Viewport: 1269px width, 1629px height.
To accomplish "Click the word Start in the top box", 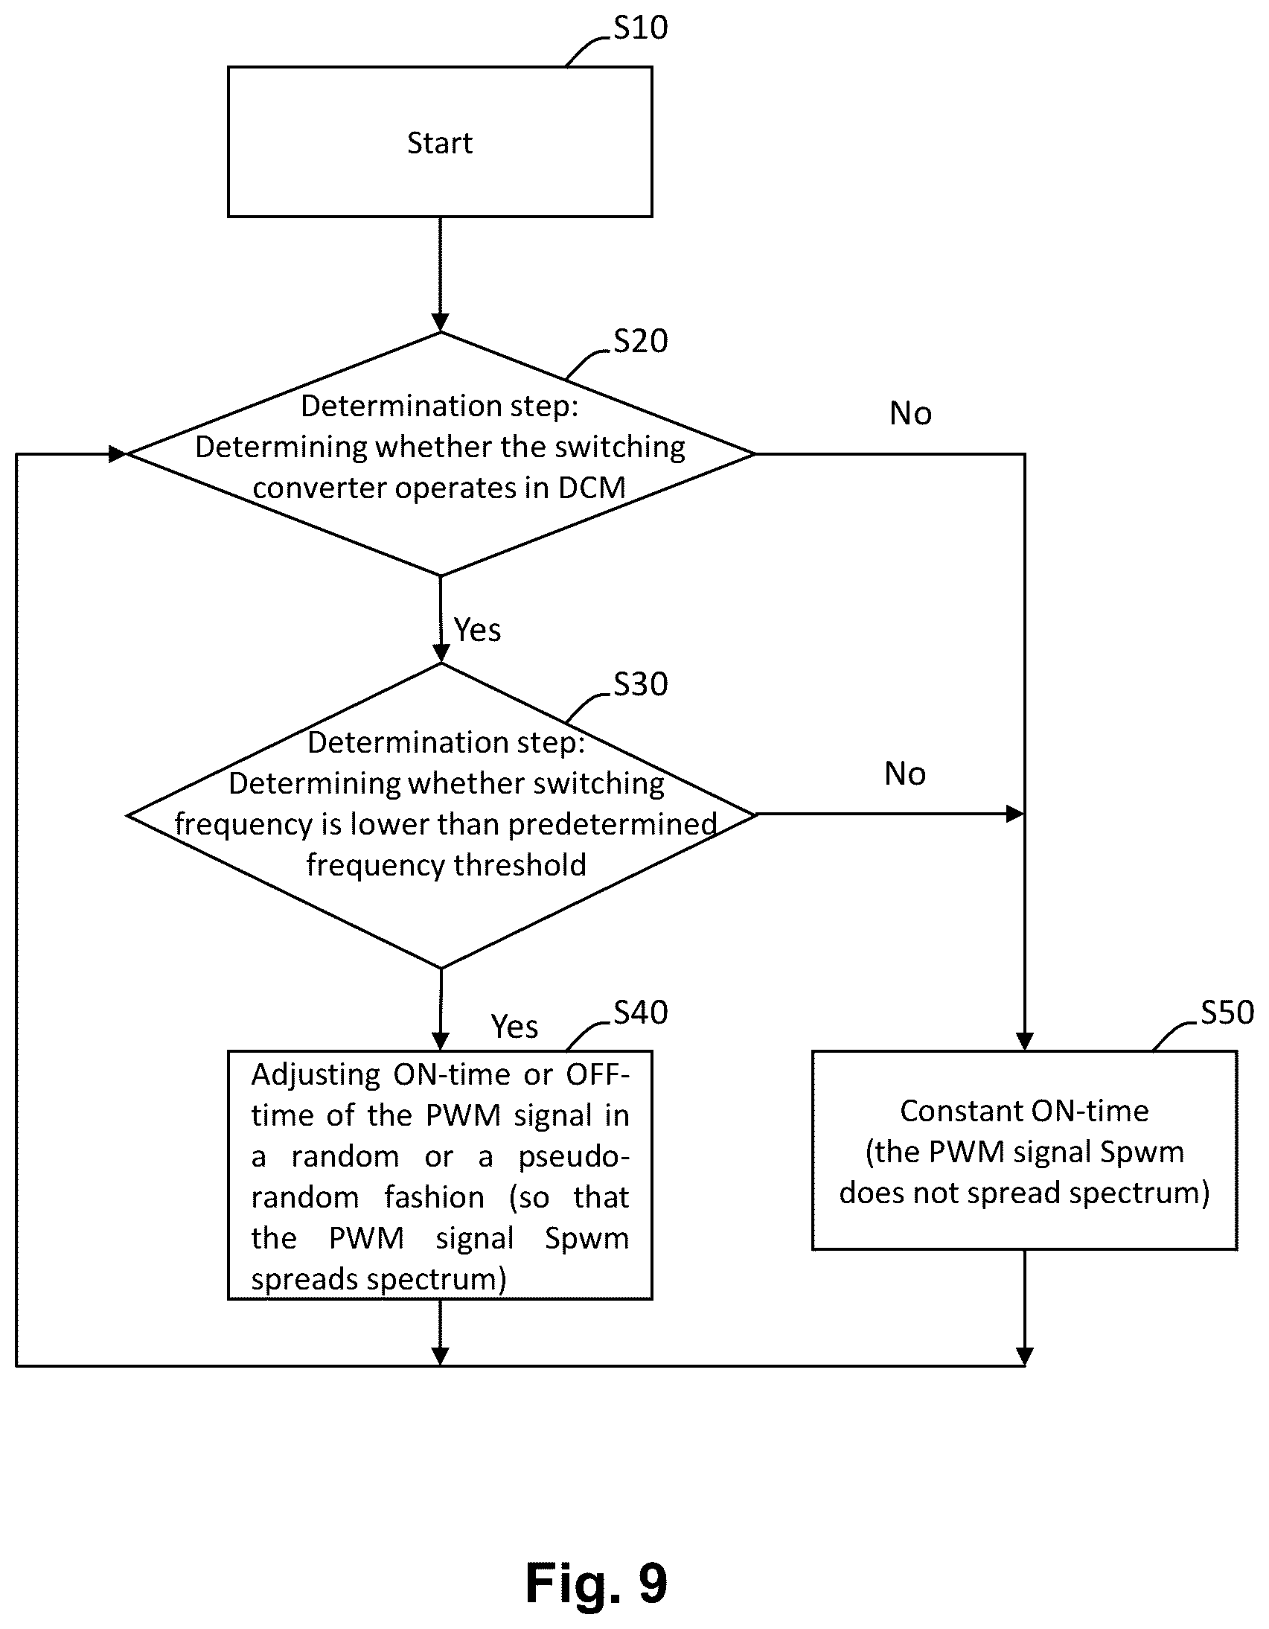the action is [x=440, y=142].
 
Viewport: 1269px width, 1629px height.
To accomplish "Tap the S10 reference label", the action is [x=641, y=28].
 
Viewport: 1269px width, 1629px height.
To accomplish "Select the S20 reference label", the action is [x=641, y=341].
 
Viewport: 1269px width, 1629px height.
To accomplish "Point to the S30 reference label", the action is [x=641, y=684].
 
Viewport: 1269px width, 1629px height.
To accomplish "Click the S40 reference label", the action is [x=641, y=1012].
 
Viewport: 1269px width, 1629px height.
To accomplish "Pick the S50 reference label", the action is [x=1227, y=1012].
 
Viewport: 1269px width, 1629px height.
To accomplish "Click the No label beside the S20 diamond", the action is [x=910, y=413].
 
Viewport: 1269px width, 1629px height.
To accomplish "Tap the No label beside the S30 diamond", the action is [x=905, y=774].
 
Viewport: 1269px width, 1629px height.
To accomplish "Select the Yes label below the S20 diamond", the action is [x=477, y=631].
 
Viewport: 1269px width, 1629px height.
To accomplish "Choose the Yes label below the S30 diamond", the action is [x=514, y=1027].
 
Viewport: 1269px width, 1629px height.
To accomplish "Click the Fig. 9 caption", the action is [x=596, y=1584].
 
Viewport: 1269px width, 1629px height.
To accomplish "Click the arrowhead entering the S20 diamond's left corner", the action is [x=118, y=453].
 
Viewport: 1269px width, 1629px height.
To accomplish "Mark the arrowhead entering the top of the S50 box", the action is [x=1024, y=1042].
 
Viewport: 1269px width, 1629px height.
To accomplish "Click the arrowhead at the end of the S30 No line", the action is [x=1015, y=814].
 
